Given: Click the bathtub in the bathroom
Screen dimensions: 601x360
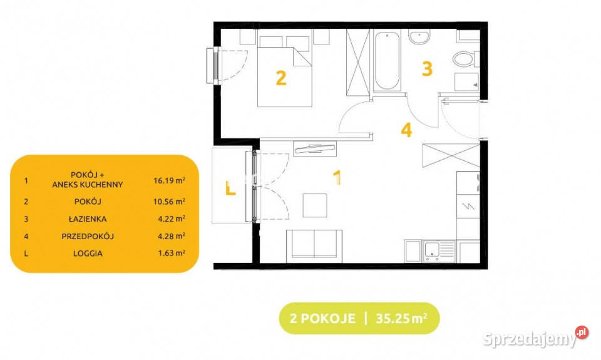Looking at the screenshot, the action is (387, 61).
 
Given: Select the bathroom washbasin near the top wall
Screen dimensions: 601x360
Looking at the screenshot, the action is (419, 37).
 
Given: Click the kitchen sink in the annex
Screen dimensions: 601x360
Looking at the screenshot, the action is (439, 251).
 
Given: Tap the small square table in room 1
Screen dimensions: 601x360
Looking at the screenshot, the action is (315, 205).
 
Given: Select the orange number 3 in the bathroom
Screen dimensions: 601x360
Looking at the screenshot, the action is (427, 69).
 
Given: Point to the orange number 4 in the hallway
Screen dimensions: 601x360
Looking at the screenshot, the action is (406, 130).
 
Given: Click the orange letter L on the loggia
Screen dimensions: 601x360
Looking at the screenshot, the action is (230, 188).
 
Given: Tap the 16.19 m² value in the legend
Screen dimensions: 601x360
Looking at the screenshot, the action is (170, 180).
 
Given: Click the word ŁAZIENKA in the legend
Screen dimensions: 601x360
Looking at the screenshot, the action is (88, 219).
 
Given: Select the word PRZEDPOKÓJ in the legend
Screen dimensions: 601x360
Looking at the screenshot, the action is (88, 236).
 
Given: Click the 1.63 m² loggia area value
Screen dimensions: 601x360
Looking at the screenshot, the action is (172, 253).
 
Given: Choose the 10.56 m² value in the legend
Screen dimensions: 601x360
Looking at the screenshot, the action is (170, 201).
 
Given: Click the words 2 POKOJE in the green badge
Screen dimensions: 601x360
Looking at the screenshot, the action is (323, 319).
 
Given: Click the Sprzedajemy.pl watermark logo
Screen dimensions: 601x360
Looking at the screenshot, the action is (535, 337).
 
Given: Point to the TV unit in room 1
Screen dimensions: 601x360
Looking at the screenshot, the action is (315, 149).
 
